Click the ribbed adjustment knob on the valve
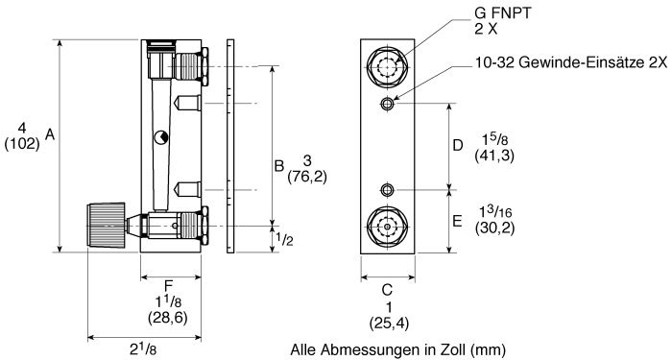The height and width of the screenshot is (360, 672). (107, 225)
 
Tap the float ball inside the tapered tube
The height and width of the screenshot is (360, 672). (161, 137)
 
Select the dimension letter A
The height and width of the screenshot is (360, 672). (50, 134)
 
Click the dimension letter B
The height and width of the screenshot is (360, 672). (279, 165)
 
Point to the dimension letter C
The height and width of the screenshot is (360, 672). (387, 290)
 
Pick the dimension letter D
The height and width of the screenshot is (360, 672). (458, 145)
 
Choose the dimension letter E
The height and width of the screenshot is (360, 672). (458, 221)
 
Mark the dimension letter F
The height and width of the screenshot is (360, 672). (168, 285)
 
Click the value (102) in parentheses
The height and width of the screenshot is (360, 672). (22, 144)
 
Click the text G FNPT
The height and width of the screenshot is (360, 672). (502, 12)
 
